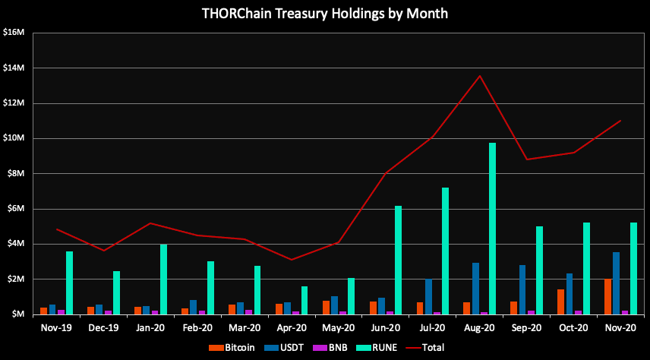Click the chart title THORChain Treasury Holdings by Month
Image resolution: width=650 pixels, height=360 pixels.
tap(324, 14)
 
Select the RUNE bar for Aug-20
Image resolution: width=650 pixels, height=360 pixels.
tap(492, 228)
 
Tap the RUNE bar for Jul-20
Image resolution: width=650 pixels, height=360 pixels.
tap(445, 251)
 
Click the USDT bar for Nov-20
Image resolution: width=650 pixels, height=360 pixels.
tap(616, 283)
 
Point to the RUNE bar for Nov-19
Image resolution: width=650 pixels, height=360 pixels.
tap(69, 283)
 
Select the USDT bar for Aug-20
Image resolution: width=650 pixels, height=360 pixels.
tap(475, 288)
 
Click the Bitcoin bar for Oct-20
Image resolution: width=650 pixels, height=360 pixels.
tap(560, 302)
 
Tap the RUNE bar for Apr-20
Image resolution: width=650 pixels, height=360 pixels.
tap(304, 300)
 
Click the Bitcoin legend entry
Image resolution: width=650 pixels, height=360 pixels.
tap(232, 347)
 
